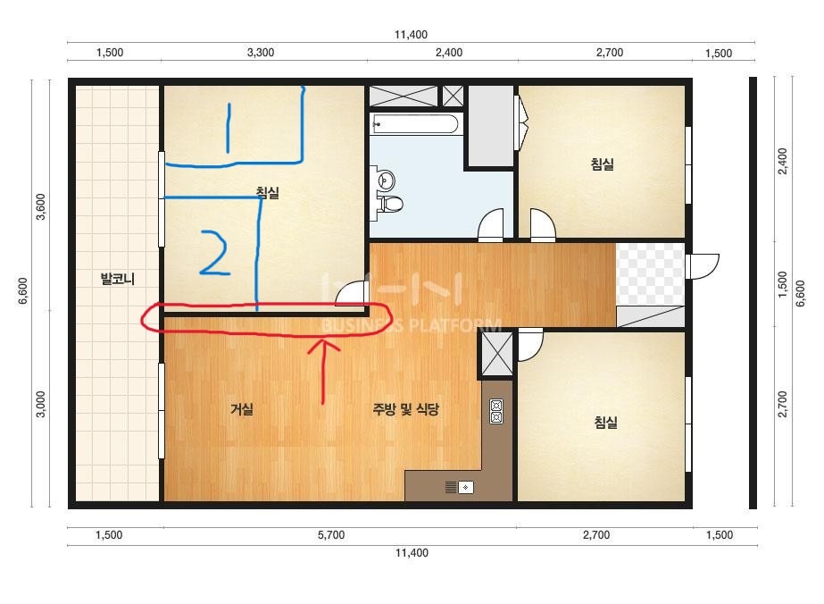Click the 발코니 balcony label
[x=118, y=279]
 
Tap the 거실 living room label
[x=242, y=409]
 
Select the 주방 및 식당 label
[x=405, y=409]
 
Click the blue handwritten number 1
[x=228, y=128]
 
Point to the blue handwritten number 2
[x=214, y=253]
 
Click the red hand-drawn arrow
[x=323, y=372]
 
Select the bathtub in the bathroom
[x=414, y=124]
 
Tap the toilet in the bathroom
[x=389, y=203]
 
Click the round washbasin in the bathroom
[x=387, y=180]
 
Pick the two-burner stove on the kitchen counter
[x=496, y=411]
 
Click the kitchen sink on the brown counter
[x=460, y=487]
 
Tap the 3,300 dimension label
[x=261, y=52]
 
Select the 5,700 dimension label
[x=331, y=535]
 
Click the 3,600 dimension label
[x=40, y=206]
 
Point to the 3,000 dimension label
[x=40, y=404]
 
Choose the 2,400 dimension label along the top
[x=449, y=52]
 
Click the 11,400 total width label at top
[x=411, y=35]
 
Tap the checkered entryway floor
[x=650, y=273]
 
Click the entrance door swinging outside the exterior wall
[x=702, y=266]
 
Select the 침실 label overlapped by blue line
[x=268, y=193]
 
